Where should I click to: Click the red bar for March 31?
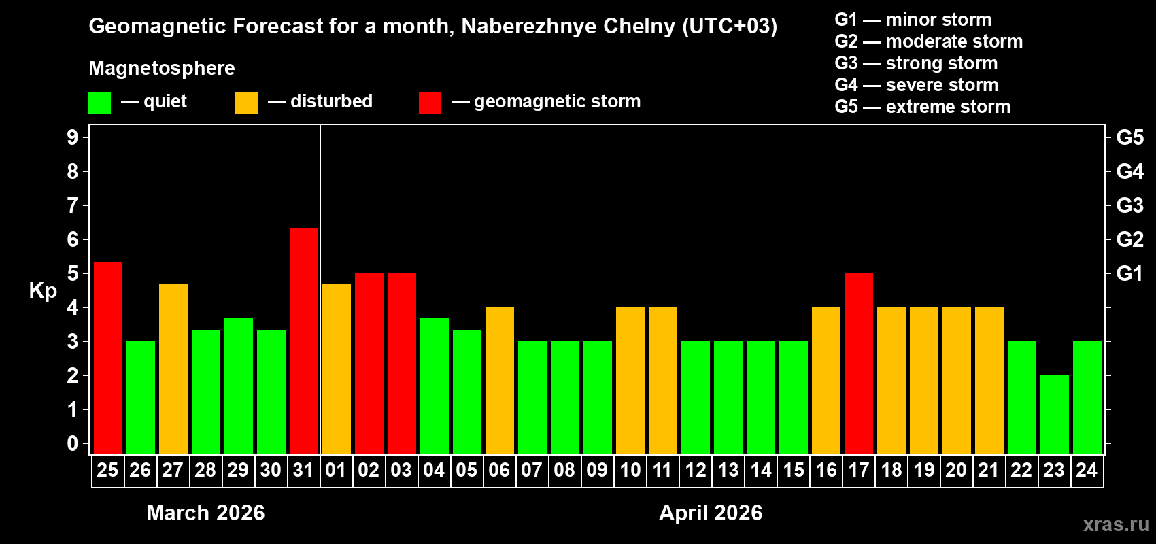coord(304,340)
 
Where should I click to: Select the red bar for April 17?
coord(859,363)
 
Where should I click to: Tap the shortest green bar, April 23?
coord(1055,414)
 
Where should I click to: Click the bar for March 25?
coord(108,358)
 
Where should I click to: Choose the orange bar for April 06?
coord(500,380)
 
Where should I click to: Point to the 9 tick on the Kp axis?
coord(73,137)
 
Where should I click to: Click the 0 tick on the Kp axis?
coord(73,443)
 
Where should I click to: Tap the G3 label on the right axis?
coord(1129,205)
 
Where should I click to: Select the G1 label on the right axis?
coord(1129,273)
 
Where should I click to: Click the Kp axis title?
coord(43,290)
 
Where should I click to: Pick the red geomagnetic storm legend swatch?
coord(430,103)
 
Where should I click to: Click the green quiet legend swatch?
coord(100,103)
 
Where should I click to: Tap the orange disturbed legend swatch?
coord(246,103)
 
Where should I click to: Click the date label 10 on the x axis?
coord(630,470)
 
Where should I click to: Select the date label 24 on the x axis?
coord(1087,470)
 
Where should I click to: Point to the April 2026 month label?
coord(711,513)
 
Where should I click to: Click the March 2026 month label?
coord(205,513)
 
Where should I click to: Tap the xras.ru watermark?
coord(1115,524)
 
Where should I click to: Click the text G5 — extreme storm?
coord(922,107)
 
